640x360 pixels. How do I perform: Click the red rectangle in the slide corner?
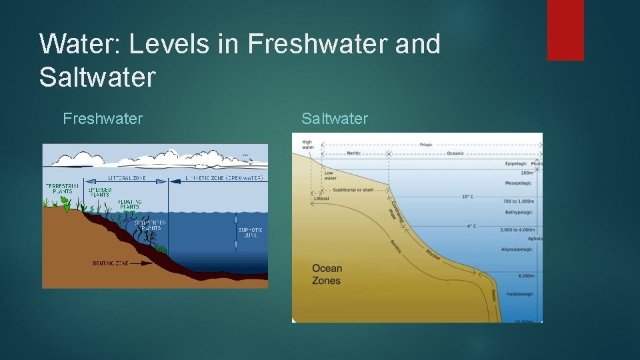565,30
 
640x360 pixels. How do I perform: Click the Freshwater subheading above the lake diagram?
103,119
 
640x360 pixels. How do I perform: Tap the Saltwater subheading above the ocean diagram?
334,119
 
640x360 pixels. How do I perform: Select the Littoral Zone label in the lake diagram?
127,179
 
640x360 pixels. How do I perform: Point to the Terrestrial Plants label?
63,188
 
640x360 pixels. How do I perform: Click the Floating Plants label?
129,203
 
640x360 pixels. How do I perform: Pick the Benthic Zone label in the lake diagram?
111,263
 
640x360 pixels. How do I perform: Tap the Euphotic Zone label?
250,233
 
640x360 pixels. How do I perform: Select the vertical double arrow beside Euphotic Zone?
235,233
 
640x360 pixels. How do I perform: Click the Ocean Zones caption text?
327,274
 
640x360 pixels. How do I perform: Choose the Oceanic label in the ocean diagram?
455,153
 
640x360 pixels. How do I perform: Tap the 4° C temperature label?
471,226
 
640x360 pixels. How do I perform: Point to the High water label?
307,145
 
